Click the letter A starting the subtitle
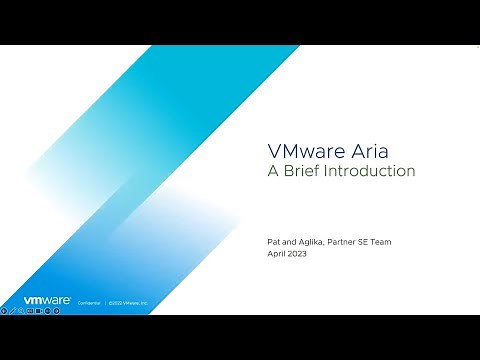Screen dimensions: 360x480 pyautogui.click(x=272, y=171)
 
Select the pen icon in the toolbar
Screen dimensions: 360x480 pyautogui.click(x=13, y=310)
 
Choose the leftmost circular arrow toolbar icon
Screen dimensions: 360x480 pyautogui.click(x=4, y=310)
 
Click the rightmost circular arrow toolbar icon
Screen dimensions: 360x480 pyautogui.click(x=56, y=310)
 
